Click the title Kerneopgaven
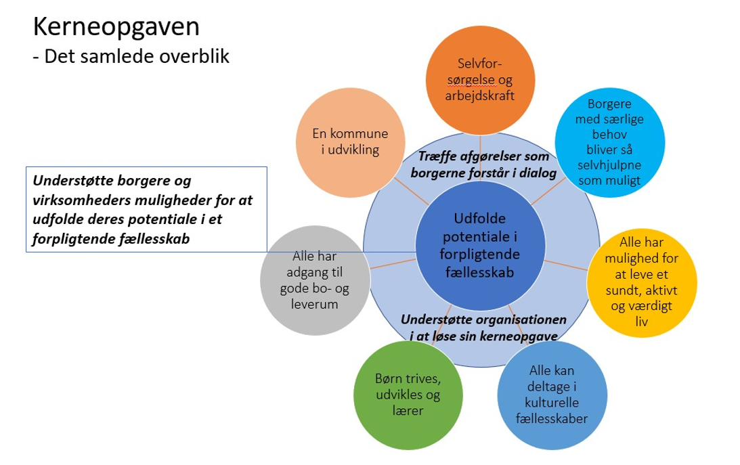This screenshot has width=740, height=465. (116, 27)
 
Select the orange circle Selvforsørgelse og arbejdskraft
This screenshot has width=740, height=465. (480, 81)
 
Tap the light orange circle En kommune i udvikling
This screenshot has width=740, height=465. (345, 142)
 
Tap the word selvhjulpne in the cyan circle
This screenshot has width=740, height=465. (609, 165)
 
